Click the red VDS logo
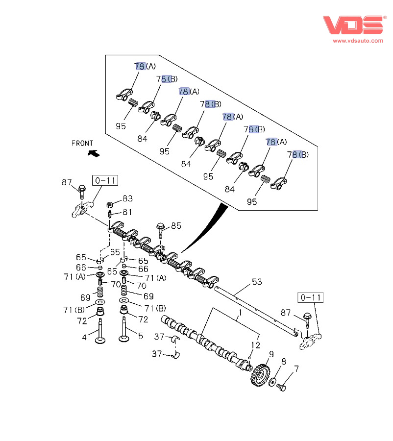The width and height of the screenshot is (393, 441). (x=353, y=25)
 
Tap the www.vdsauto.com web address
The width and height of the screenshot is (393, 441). (x=358, y=41)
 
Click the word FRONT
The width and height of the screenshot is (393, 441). (x=82, y=144)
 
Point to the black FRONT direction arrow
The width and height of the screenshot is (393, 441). (x=93, y=153)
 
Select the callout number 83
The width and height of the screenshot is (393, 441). (x=127, y=198)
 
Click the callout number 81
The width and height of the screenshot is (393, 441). (x=127, y=212)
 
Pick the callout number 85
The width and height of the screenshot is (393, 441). (x=176, y=226)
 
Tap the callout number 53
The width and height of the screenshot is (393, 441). (x=257, y=282)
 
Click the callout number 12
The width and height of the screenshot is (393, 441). (x=255, y=345)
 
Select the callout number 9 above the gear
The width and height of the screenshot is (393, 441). (x=271, y=354)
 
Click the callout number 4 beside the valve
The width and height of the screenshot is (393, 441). (x=84, y=337)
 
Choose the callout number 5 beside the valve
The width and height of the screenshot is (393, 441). (x=141, y=336)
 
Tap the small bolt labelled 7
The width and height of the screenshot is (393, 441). (x=281, y=388)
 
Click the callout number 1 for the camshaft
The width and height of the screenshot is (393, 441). (x=241, y=313)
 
